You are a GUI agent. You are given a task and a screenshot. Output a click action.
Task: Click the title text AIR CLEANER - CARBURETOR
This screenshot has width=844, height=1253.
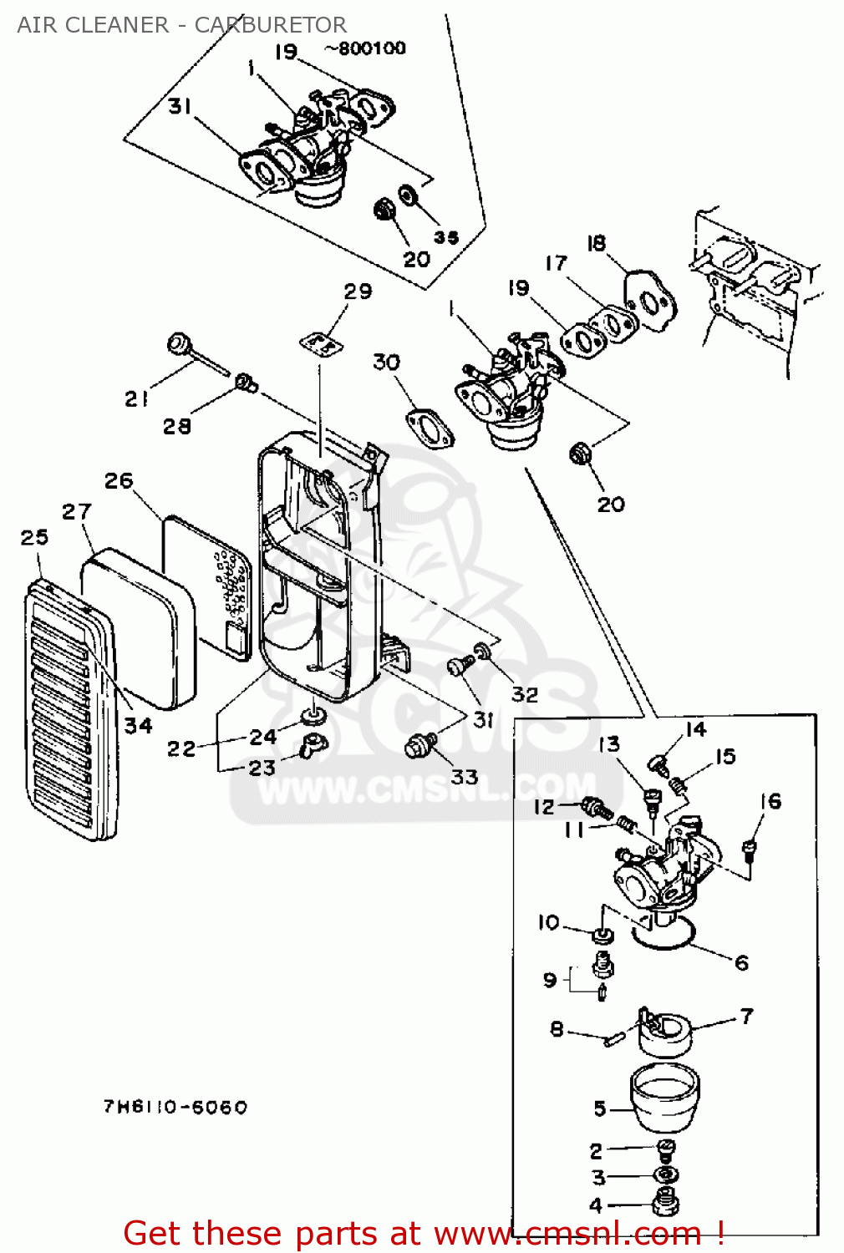(x=182, y=25)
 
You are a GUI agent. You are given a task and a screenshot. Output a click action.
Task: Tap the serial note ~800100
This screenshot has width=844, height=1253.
(x=365, y=48)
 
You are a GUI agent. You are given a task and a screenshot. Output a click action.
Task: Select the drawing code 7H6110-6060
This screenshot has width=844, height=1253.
(x=175, y=1107)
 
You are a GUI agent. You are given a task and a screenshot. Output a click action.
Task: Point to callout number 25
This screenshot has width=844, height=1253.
(x=35, y=537)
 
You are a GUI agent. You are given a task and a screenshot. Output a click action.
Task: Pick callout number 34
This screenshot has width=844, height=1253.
(x=138, y=726)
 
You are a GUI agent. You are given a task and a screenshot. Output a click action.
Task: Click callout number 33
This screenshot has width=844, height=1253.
(x=465, y=776)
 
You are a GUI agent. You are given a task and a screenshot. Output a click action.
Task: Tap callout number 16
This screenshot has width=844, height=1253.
(x=770, y=802)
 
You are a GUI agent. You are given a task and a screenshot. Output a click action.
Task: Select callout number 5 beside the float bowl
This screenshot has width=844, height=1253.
(x=599, y=1108)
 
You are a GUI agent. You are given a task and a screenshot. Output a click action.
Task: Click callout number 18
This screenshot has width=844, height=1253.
(x=597, y=243)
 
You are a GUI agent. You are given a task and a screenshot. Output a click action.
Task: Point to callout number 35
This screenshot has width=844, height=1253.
(x=446, y=237)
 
